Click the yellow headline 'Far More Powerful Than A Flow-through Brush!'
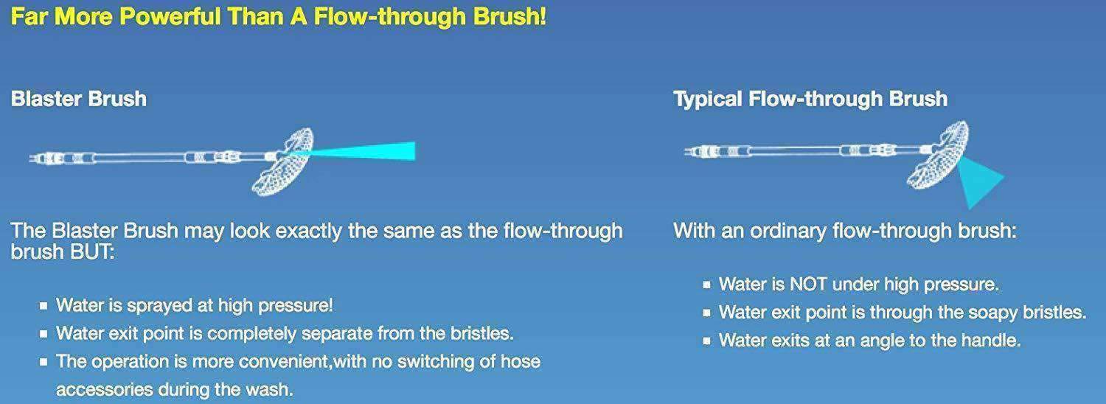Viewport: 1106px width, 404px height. pos(279,17)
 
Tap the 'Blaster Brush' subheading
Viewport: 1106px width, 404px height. pos(78,99)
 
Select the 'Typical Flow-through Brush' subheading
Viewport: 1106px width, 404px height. pos(810,100)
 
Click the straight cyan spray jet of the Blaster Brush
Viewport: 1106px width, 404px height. pos(361,151)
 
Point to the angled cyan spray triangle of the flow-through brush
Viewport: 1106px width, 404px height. pos(978,181)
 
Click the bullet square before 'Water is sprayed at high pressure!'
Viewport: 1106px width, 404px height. pos(44,306)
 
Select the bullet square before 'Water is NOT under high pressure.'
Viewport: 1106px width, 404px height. pos(706,285)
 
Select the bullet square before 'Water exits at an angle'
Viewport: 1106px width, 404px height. pos(706,341)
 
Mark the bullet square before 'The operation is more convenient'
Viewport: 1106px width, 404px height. pos(44,362)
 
